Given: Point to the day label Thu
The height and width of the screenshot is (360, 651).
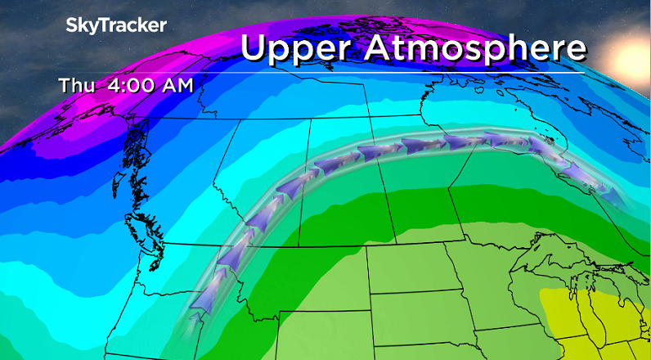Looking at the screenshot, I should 74,84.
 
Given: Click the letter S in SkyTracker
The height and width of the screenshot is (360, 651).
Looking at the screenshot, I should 71,25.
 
